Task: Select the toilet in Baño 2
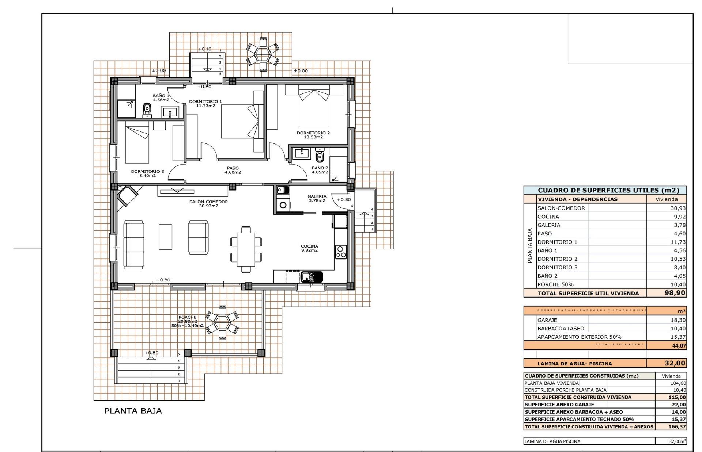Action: tap(320, 156)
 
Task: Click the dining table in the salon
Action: tap(246, 249)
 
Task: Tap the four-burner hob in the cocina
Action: tap(341, 252)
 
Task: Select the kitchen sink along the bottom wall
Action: tap(312, 277)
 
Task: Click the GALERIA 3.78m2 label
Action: tap(317, 198)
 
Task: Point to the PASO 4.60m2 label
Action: tap(233, 170)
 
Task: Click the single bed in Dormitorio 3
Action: tap(137, 145)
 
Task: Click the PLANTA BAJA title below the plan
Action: tap(133, 411)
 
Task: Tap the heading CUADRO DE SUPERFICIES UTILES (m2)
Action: tap(608, 190)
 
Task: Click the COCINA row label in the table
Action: tap(548, 217)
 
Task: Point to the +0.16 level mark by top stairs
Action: tap(205, 49)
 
